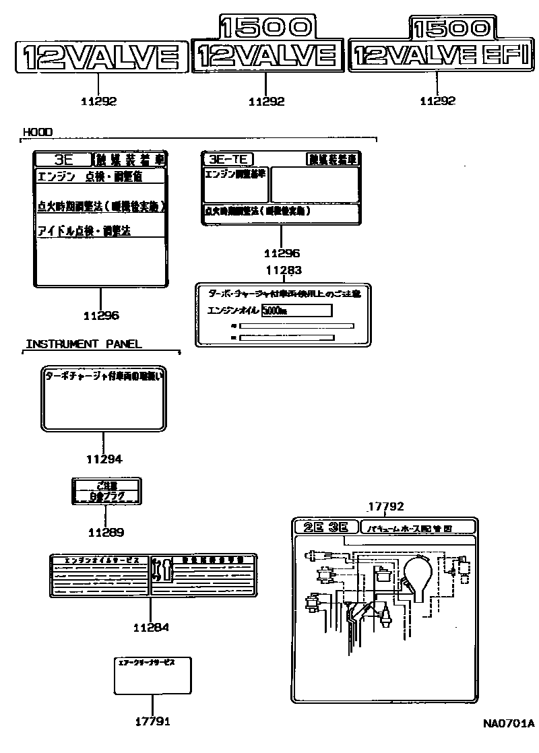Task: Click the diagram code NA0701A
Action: point(508,724)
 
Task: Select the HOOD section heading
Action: point(38,132)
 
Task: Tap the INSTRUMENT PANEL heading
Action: point(84,344)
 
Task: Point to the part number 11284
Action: point(151,627)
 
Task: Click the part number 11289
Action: point(106,532)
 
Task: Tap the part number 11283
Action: point(283,271)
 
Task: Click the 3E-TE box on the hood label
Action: point(228,160)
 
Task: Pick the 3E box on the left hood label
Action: point(62,160)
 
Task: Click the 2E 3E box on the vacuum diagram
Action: point(325,527)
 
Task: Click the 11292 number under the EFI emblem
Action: point(437,101)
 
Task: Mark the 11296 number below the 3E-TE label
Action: point(282,254)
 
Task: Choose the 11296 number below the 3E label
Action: point(101,315)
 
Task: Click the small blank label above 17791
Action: point(153,675)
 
